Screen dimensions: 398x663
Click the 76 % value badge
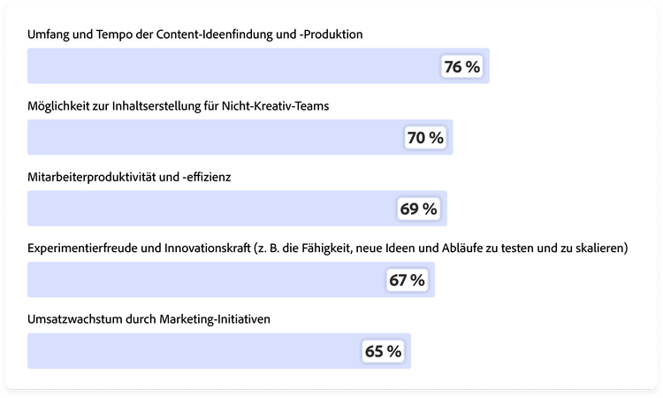tap(462, 67)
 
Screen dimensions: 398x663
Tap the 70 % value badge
tap(425, 138)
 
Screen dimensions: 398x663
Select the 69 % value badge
tap(419, 209)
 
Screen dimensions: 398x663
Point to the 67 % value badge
tap(407, 280)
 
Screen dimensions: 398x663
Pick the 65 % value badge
tap(384, 351)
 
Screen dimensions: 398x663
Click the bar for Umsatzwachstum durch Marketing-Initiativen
tap(194, 351)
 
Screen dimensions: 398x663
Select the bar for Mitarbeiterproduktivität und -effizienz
tap(212, 209)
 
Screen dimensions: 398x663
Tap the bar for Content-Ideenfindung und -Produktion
tap(230, 66)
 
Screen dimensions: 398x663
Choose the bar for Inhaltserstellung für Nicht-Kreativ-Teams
tap(212, 138)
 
